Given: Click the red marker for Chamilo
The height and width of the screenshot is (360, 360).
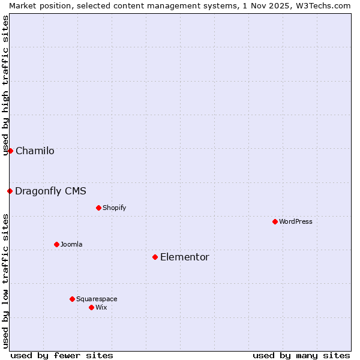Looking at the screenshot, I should pyautogui.click(x=10, y=151).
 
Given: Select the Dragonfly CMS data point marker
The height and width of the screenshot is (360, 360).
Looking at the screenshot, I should pyautogui.click(x=10, y=191).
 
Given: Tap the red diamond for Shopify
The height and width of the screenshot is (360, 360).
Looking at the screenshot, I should pyautogui.click(x=98, y=208).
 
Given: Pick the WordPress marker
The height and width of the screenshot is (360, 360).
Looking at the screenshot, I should pyautogui.click(x=275, y=221).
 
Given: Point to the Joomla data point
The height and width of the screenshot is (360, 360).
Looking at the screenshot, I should pyautogui.click(x=56, y=244).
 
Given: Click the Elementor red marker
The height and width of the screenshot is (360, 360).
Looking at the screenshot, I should pyautogui.click(x=155, y=257).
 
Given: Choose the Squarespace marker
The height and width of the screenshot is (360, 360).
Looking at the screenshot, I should pyautogui.click(x=72, y=299).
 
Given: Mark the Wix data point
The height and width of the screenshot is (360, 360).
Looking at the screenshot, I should pyautogui.click(x=91, y=307).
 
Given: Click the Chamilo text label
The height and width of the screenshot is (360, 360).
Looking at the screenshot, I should pyautogui.click(x=35, y=151).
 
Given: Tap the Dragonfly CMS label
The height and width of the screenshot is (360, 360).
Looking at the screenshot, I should pyautogui.click(x=50, y=191).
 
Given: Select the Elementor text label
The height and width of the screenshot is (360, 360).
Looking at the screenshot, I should pyautogui.click(x=184, y=257).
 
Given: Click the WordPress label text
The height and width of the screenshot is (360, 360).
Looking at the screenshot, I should pyautogui.click(x=295, y=221).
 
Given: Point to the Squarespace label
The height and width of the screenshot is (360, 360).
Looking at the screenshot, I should pyautogui.click(x=97, y=299).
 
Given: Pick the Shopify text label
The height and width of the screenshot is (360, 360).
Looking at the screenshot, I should pyautogui.click(x=114, y=208).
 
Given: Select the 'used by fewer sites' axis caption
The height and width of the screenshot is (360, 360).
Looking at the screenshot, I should pyautogui.click(x=62, y=355).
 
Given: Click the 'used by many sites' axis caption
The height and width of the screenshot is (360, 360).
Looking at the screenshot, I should pyautogui.click(x=301, y=355).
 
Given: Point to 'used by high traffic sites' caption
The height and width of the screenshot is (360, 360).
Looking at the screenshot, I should pyautogui.click(x=5, y=85).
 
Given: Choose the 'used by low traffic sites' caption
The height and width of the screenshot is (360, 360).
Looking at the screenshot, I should pyautogui.click(x=5, y=280).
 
